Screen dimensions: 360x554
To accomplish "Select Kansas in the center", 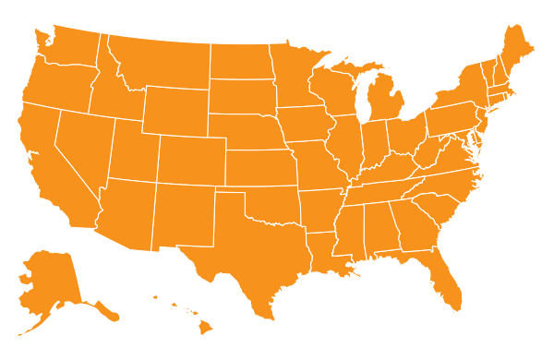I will [x=259, y=167].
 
